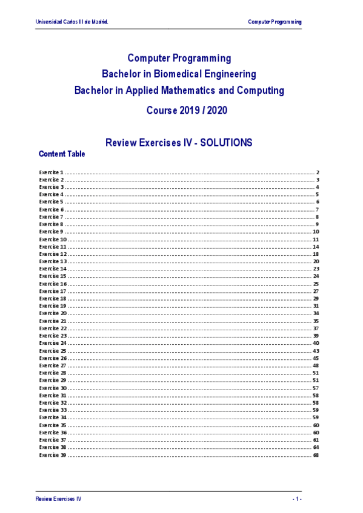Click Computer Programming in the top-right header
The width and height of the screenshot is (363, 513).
tap(275, 22)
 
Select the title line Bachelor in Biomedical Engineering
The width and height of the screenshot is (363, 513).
tap(179, 74)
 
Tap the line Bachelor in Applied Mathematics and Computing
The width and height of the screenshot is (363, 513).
tap(179, 90)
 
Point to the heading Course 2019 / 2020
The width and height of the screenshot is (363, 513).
tap(179, 111)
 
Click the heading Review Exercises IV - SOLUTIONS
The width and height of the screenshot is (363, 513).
tap(179, 143)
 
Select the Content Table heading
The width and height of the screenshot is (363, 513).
tap(62, 154)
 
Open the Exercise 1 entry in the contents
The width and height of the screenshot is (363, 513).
tap(52, 172)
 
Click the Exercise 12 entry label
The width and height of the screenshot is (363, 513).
tap(53, 254)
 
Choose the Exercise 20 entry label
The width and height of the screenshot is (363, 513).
tap(53, 313)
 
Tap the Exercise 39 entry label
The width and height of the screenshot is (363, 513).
tap(53, 455)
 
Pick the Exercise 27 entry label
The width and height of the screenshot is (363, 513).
tap(53, 365)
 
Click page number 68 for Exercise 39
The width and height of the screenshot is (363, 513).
tap(316, 455)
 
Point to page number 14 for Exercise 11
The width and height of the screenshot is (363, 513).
tap(316, 247)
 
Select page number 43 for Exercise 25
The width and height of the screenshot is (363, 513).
tap(316, 351)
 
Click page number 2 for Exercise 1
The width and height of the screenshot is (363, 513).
tap(318, 172)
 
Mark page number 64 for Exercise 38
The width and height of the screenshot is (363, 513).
tap(316, 447)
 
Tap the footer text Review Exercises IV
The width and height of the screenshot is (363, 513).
tap(58, 498)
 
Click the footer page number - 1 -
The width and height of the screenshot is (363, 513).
tap(296, 498)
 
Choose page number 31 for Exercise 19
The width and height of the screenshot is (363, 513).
tap(316, 306)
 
